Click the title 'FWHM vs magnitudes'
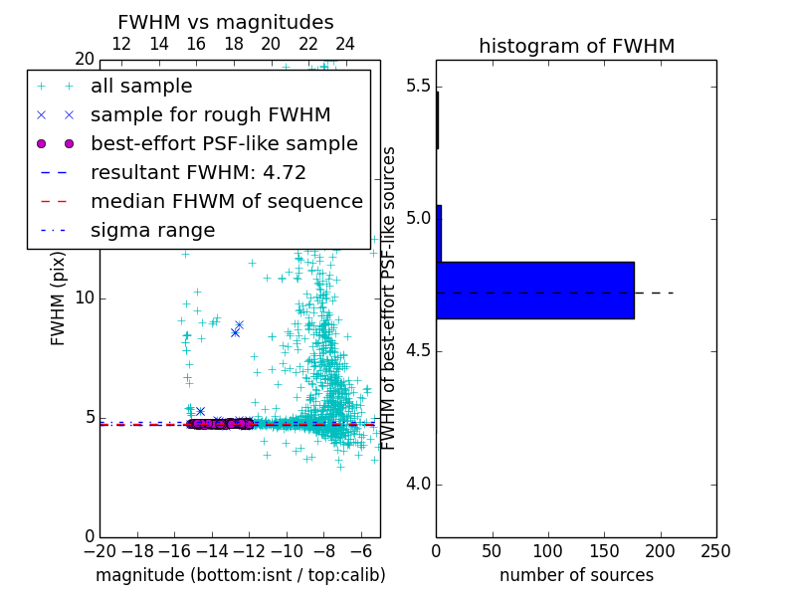[x=225, y=23]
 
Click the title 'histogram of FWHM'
[x=576, y=46]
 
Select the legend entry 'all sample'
[x=141, y=87]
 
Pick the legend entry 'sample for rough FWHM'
[x=210, y=115]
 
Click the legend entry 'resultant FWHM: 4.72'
[x=198, y=173]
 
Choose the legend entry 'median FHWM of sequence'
[x=226, y=202]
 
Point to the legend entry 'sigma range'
[x=152, y=231]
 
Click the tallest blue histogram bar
[x=535, y=291]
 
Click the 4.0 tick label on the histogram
[x=418, y=485]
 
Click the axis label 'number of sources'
[x=576, y=575]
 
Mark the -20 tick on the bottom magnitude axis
[x=99, y=550]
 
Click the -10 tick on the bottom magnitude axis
[x=287, y=550]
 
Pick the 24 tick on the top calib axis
[x=345, y=45]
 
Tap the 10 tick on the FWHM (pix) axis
[x=84, y=298]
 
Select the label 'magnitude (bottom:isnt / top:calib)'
[x=240, y=575]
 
